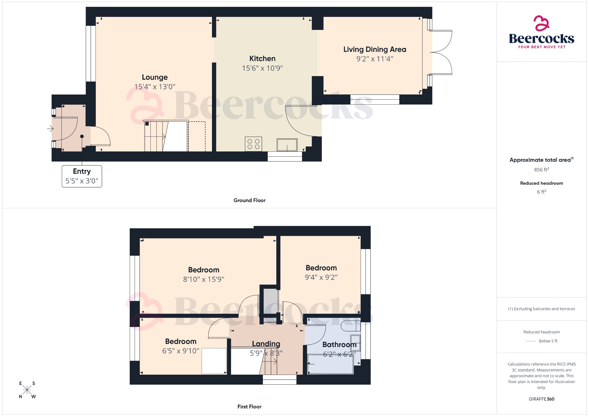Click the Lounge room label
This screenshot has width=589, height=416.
click(x=155, y=77)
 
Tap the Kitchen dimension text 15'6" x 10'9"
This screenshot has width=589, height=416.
click(x=262, y=68)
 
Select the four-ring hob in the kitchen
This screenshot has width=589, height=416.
click(x=253, y=144)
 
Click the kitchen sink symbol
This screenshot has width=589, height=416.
click(x=287, y=145)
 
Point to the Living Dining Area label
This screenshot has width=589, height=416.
click(x=374, y=49)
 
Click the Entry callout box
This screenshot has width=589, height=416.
click(x=82, y=176)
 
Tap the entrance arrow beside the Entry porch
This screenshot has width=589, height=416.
click(x=50, y=129)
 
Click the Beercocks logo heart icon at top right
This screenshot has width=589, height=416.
click(x=541, y=24)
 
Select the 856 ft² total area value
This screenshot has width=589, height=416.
click(x=541, y=170)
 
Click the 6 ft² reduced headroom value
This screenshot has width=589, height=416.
click(x=541, y=192)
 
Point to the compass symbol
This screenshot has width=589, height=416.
click(x=27, y=390)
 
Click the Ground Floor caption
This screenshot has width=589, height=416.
click(x=249, y=200)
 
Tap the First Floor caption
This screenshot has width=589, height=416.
click(x=249, y=407)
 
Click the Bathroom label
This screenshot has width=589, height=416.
click(x=339, y=344)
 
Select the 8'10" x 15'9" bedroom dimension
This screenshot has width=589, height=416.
click(x=204, y=279)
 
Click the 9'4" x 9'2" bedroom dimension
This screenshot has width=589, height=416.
click(x=321, y=277)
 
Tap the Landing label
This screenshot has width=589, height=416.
click(x=266, y=344)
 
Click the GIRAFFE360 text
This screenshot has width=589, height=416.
click(x=541, y=399)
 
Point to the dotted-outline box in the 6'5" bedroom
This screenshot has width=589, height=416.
click(x=214, y=361)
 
